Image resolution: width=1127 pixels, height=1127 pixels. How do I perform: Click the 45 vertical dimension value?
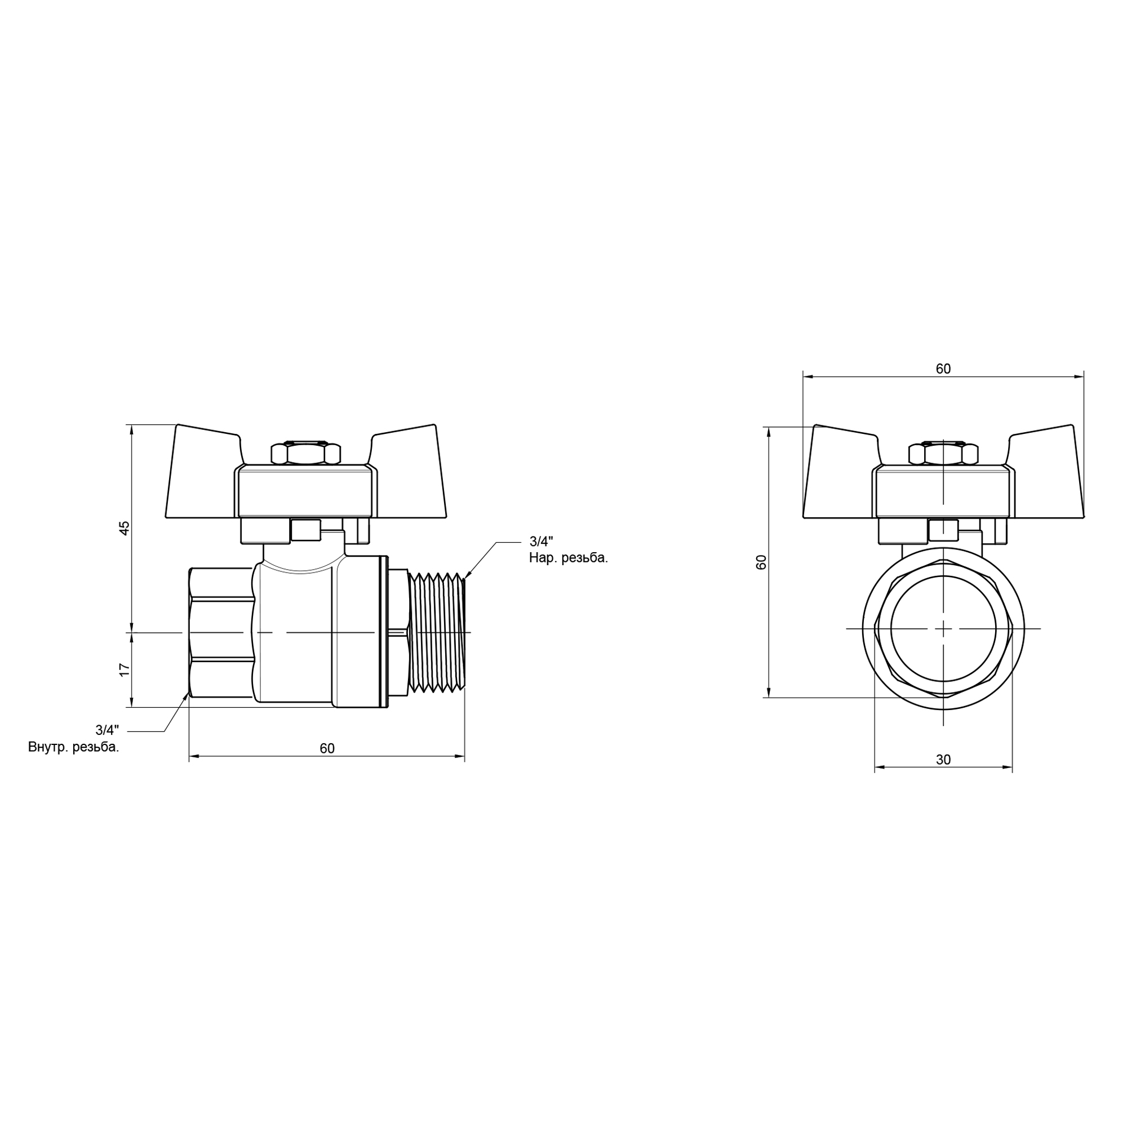pyautogui.click(x=124, y=528)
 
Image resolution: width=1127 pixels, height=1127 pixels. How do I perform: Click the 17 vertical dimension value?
pyautogui.click(x=124, y=670)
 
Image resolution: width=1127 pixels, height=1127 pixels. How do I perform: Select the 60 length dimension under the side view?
pyautogui.click(x=327, y=748)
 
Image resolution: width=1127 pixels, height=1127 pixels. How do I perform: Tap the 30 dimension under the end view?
pyautogui.click(x=943, y=760)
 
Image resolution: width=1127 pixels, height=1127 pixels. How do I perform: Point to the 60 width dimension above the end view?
pyautogui.click(x=943, y=369)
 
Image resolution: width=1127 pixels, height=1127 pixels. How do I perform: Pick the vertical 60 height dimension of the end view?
pyautogui.click(x=761, y=562)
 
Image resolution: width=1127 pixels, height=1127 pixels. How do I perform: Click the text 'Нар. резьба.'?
pyautogui.click(x=568, y=558)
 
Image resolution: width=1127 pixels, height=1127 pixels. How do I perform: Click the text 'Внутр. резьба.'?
pyautogui.click(x=73, y=747)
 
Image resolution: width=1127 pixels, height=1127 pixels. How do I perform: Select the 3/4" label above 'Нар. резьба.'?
pyautogui.click(x=541, y=542)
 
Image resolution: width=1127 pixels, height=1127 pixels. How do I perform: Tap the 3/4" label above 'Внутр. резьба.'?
pyautogui.click(x=107, y=730)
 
